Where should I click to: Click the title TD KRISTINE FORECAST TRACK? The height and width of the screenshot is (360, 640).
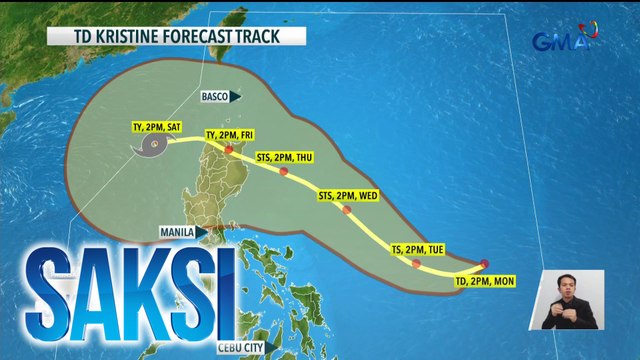coord(176,38)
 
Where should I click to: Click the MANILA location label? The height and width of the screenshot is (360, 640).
coord(177,232)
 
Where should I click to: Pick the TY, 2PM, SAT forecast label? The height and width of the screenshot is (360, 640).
coord(157,128)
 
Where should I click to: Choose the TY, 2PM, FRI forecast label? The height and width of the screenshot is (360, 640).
coord(229,135)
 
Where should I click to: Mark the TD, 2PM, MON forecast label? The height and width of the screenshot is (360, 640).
coord(482,284)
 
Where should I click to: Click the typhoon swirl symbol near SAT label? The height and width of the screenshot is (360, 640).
coord(155,147)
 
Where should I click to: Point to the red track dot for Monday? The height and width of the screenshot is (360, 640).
coord(484,264)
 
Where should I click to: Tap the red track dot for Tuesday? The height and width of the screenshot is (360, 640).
coord(416,263)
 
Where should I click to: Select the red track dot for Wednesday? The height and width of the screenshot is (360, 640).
coord(346,209)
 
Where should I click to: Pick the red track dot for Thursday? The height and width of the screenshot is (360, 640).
coord(285,172)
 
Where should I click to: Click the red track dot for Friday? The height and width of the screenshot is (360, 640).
coord(229,149)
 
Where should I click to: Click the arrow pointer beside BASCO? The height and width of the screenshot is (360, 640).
coord(235,97)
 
